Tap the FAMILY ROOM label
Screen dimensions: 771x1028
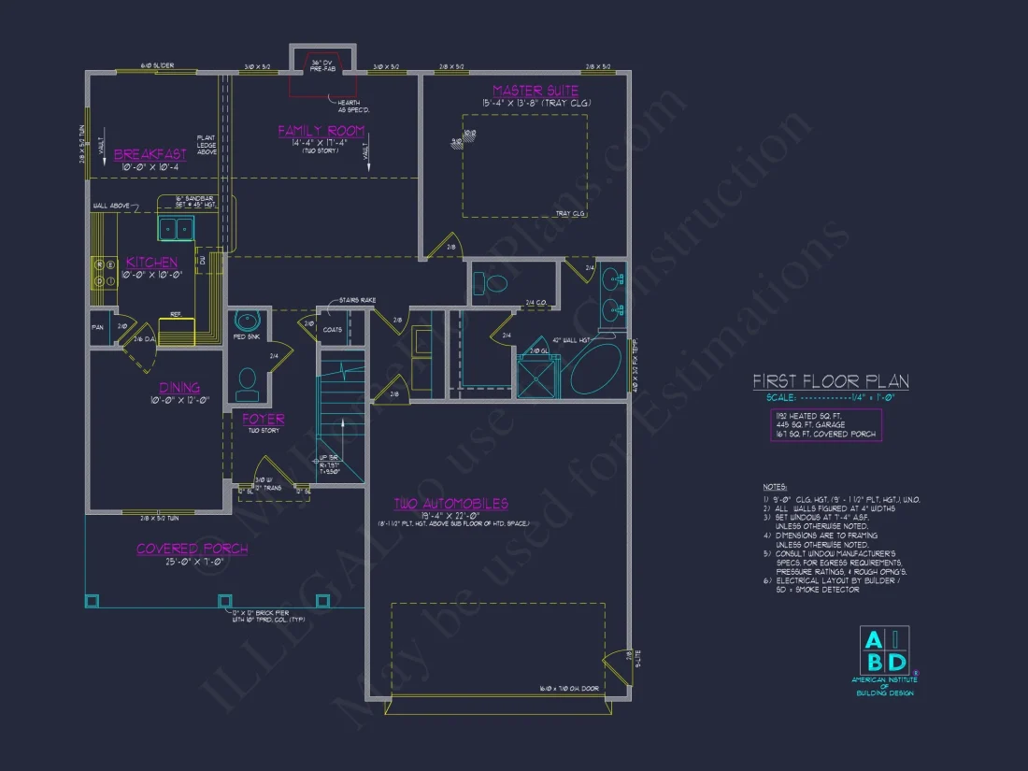point(321,131)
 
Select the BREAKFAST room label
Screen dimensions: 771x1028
point(150,154)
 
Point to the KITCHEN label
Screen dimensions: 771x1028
point(151,263)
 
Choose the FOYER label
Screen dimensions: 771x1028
point(264,420)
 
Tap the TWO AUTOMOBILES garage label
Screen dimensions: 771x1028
point(450,504)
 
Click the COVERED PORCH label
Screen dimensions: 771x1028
point(193,549)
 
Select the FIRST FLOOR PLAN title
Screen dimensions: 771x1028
point(831,381)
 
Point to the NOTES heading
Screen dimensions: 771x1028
point(775,487)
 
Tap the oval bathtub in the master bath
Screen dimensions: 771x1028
point(596,370)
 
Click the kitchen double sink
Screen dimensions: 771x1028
point(175,227)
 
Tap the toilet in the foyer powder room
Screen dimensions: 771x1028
point(247,379)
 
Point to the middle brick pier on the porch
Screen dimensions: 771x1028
point(224,601)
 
